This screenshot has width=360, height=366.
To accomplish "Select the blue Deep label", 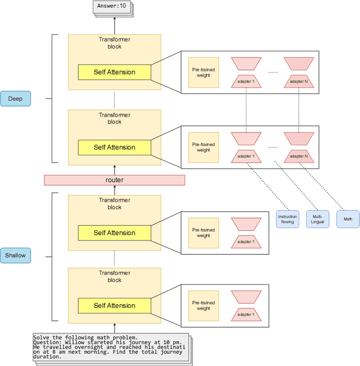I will click(x=15, y=99).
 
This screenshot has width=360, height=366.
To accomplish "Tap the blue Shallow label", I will click(x=15, y=255).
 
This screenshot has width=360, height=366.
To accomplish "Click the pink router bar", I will click(x=114, y=180).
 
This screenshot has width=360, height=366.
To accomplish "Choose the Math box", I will click(x=348, y=218).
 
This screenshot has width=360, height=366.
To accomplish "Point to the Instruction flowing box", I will click(x=287, y=218).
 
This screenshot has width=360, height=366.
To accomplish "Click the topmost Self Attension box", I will click(x=114, y=72).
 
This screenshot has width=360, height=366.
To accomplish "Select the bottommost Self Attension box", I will click(x=114, y=306).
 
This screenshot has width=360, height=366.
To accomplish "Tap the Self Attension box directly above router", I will click(x=114, y=148).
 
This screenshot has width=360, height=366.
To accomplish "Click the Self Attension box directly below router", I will click(x=114, y=233).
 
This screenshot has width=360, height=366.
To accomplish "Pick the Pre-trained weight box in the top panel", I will click(x=204, y=72).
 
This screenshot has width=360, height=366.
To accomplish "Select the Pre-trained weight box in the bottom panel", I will click(x=204, y=306).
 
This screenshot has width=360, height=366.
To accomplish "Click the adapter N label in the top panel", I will click(x=299, y=82).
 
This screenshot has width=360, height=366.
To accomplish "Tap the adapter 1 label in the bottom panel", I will click(x=246, y=315).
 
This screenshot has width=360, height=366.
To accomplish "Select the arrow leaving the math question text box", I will click(x=114, y=328).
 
